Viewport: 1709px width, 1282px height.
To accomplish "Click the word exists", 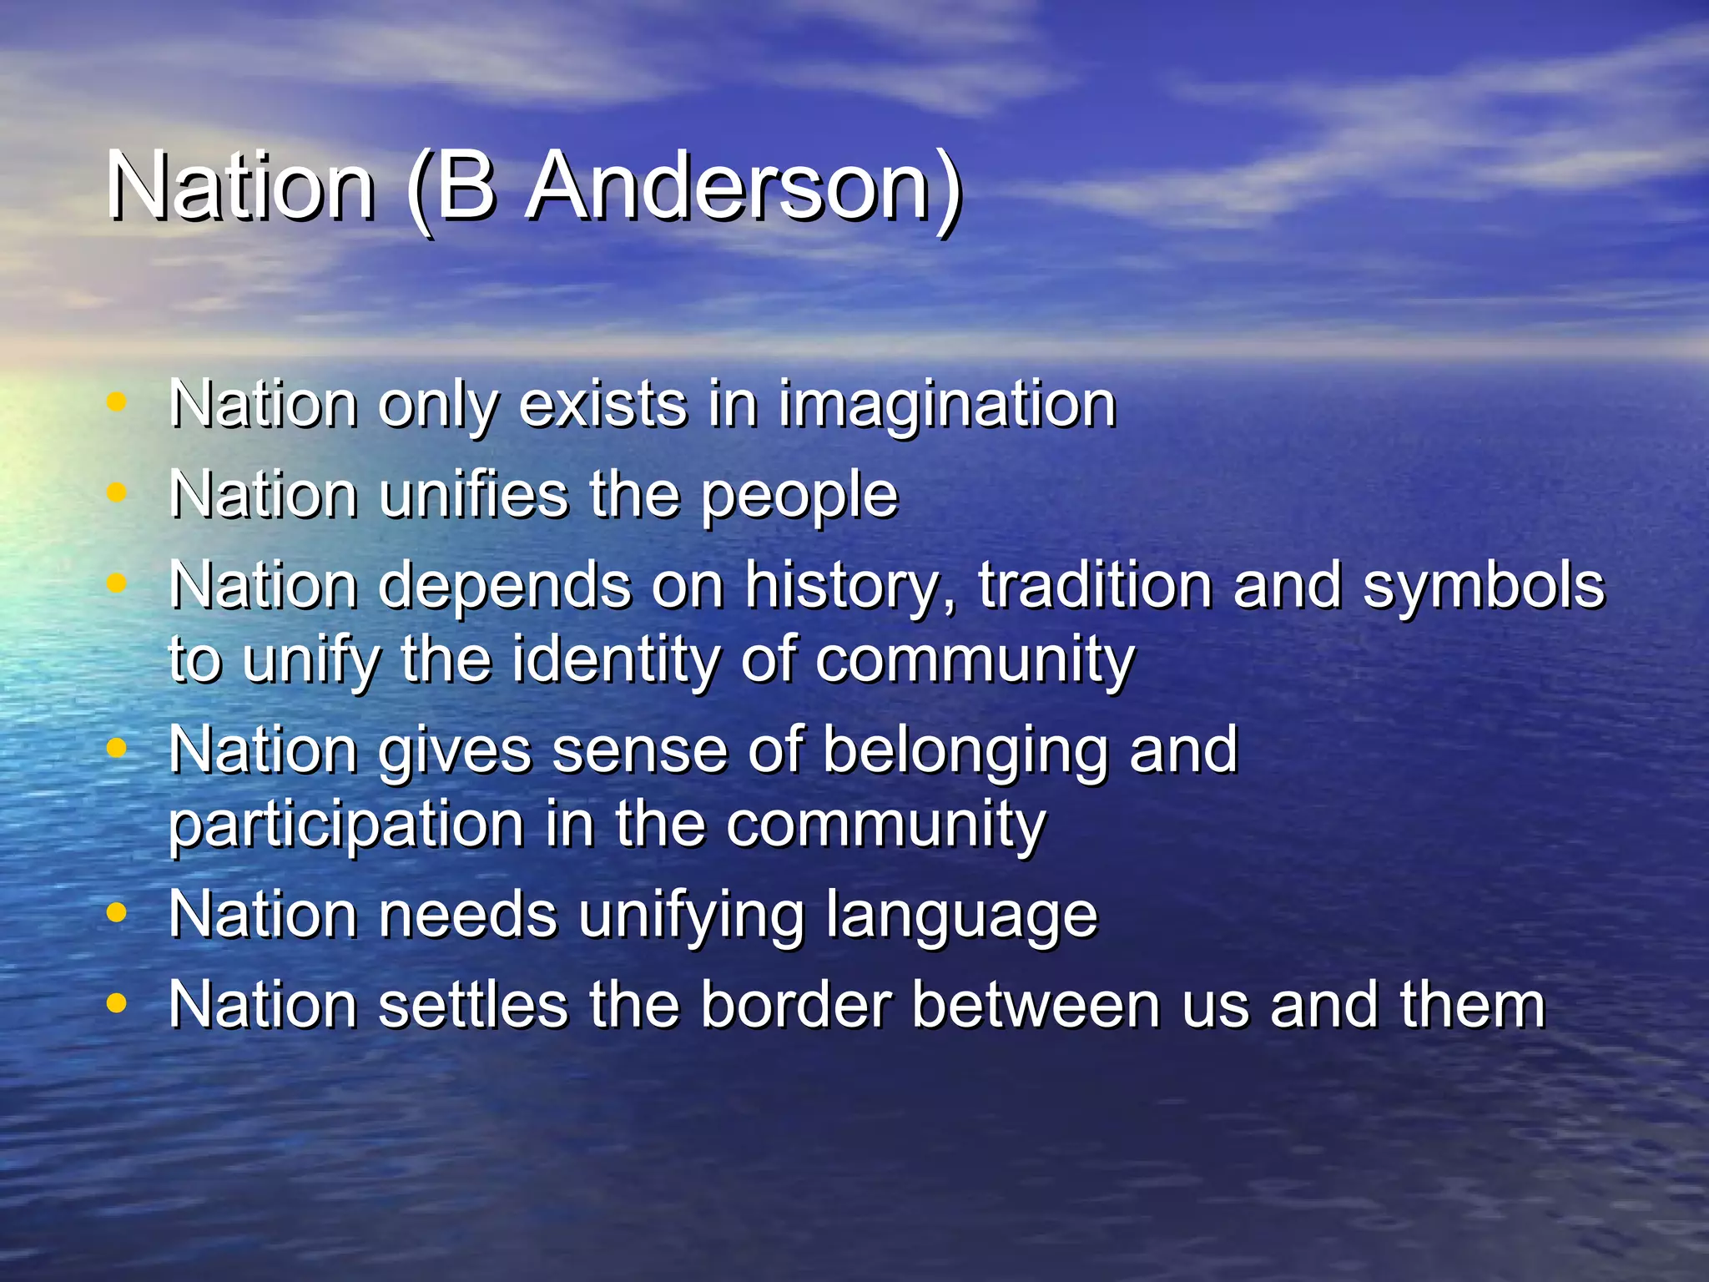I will [603, 404].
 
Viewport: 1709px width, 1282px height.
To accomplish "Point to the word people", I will [799, 497].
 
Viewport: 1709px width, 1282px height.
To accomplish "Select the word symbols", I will [1483, 587].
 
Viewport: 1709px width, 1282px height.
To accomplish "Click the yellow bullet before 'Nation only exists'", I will [117, 402].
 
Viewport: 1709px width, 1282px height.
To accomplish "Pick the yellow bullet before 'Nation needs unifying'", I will [117, 913].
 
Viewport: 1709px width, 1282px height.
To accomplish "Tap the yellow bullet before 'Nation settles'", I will [117, 1002].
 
